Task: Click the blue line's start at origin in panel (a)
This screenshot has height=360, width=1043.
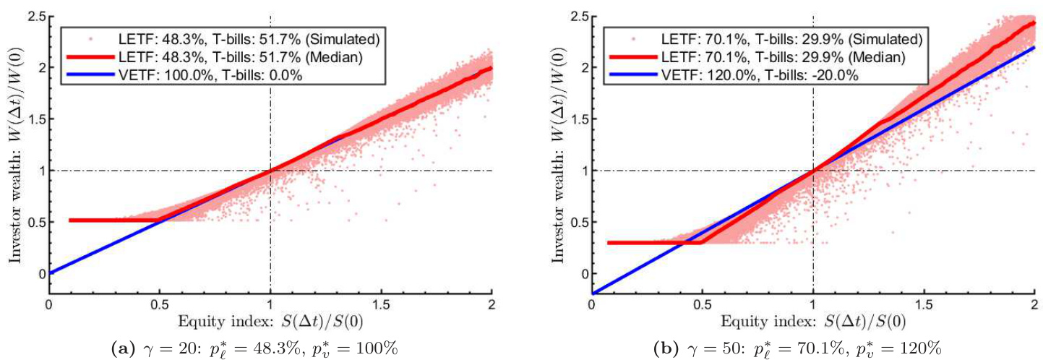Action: tap(49, 273)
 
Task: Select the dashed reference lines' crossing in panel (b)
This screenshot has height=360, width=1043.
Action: tap(813, 171)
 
